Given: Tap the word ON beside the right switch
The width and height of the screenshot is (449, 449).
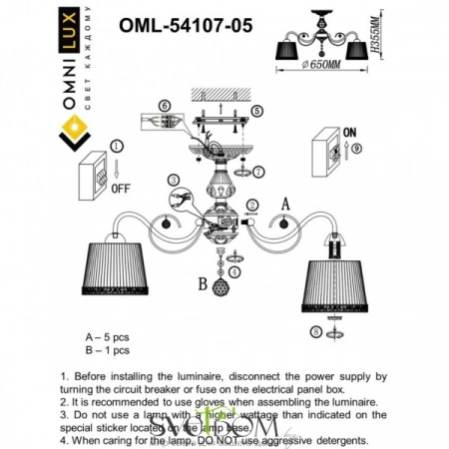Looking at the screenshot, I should [x=350, y=128].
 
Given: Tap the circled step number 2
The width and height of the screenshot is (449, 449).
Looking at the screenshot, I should [x=253, y=207].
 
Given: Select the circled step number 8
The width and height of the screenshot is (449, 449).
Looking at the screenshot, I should [x=315, y=330].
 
